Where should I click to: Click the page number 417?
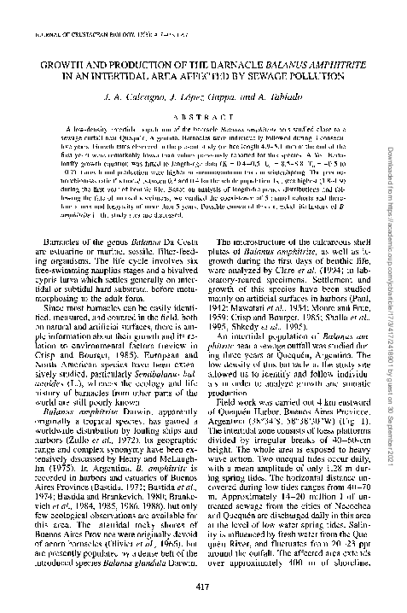tap(202, 585)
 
